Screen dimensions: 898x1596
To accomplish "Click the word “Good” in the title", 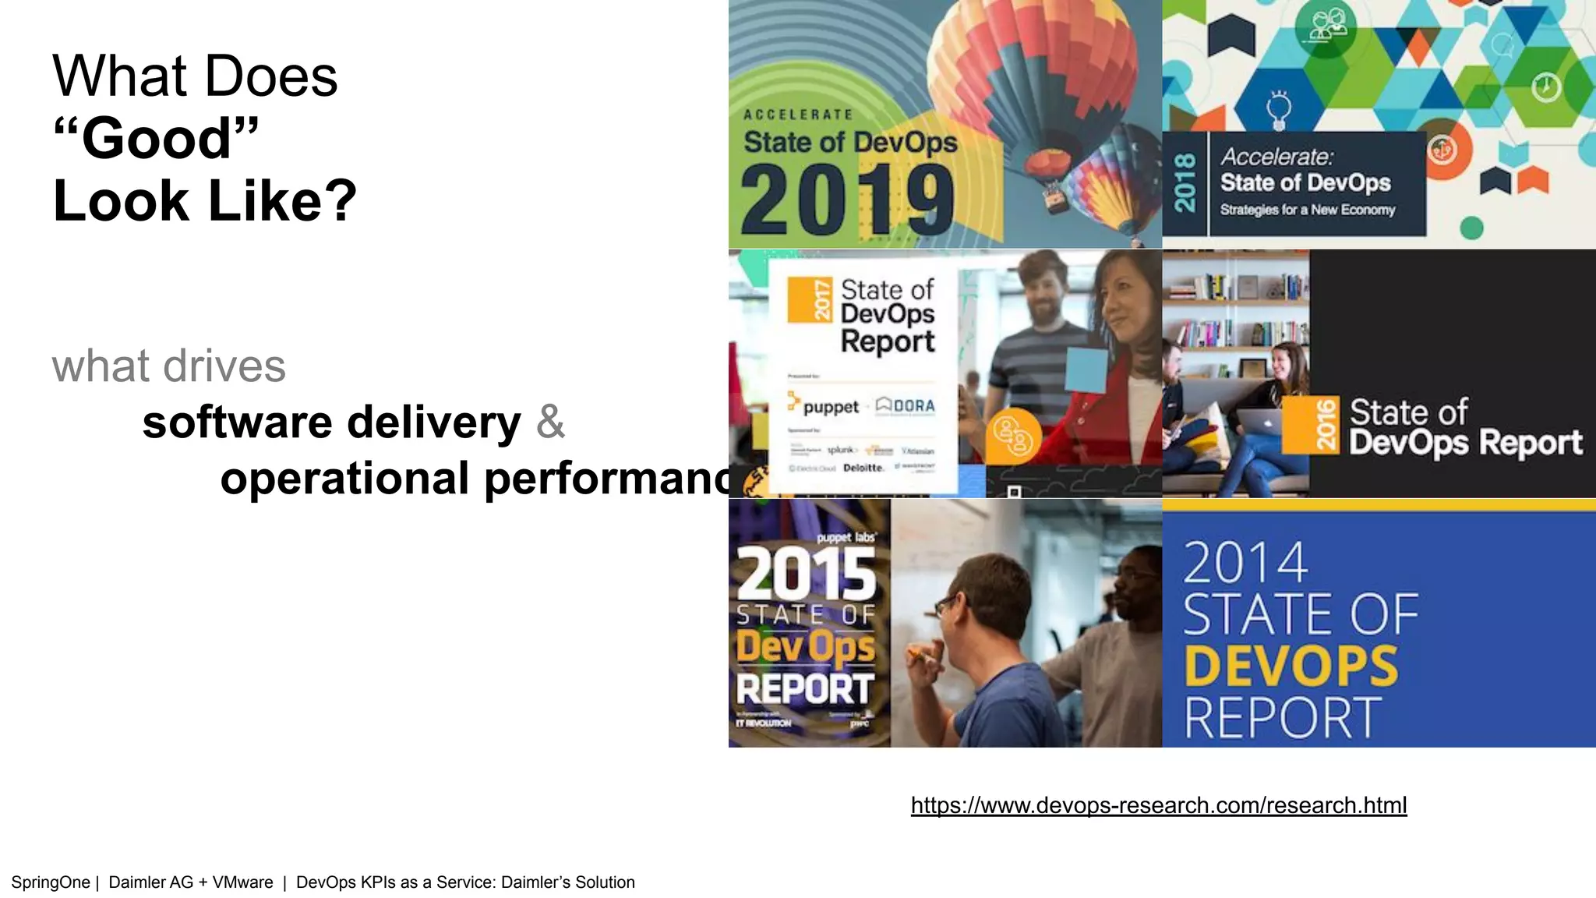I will [156, 139].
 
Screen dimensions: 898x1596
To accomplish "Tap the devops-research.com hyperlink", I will [1158, 805].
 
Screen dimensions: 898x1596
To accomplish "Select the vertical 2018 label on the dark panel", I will [1185, 183].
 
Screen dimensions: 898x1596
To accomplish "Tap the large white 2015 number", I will [807, 573].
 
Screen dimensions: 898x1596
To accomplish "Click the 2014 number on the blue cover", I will [1245, 562].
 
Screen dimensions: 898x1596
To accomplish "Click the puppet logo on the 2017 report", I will [823, 405].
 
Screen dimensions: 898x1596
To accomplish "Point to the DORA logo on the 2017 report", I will [906, 405].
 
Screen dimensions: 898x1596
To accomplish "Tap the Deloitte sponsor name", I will [863, 468].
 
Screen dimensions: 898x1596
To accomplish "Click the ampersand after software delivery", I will [550, 422].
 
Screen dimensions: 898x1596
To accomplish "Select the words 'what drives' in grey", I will [169, 366].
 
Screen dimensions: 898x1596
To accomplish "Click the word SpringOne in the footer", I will [51, 882].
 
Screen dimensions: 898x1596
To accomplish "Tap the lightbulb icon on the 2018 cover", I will [1278, 109].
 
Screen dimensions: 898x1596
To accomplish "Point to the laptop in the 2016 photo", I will [1259, 422].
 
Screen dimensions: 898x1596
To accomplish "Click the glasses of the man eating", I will [947, 604].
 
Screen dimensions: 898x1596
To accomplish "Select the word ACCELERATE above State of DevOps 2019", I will [798, 115].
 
